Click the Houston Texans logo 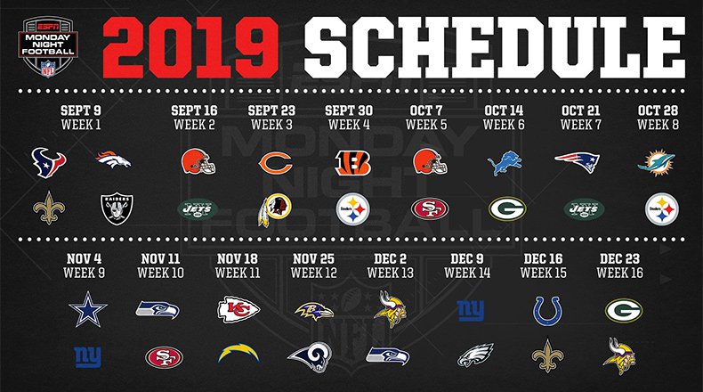click(x=48, y=162)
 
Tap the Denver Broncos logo click(x=113, y=160)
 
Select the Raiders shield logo click(x=117, y=208)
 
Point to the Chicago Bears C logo click(x=275, y=163)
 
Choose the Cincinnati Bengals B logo click(x=353, y=162)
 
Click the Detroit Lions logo click(x=505, y=162)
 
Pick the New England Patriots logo click(x=577, y=161)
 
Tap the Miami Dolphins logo click(x=657, y=163)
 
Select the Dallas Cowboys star click(x=88, y=309)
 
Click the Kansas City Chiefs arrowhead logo click(x=238, y=309)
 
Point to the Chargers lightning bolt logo click(x=238, y=353)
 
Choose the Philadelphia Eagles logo click(x=475, y=355)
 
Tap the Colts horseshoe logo click(x=547, y=311)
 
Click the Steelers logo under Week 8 click(x=662, y=209)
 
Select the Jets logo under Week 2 click(x=198, y=209)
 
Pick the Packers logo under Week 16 click(x=624, y=311)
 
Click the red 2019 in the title click(x=190, y=47)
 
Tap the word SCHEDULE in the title click(x=495, y=47)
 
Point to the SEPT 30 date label click(x=349, y=110)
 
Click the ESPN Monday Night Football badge click(x=48, y=46)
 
